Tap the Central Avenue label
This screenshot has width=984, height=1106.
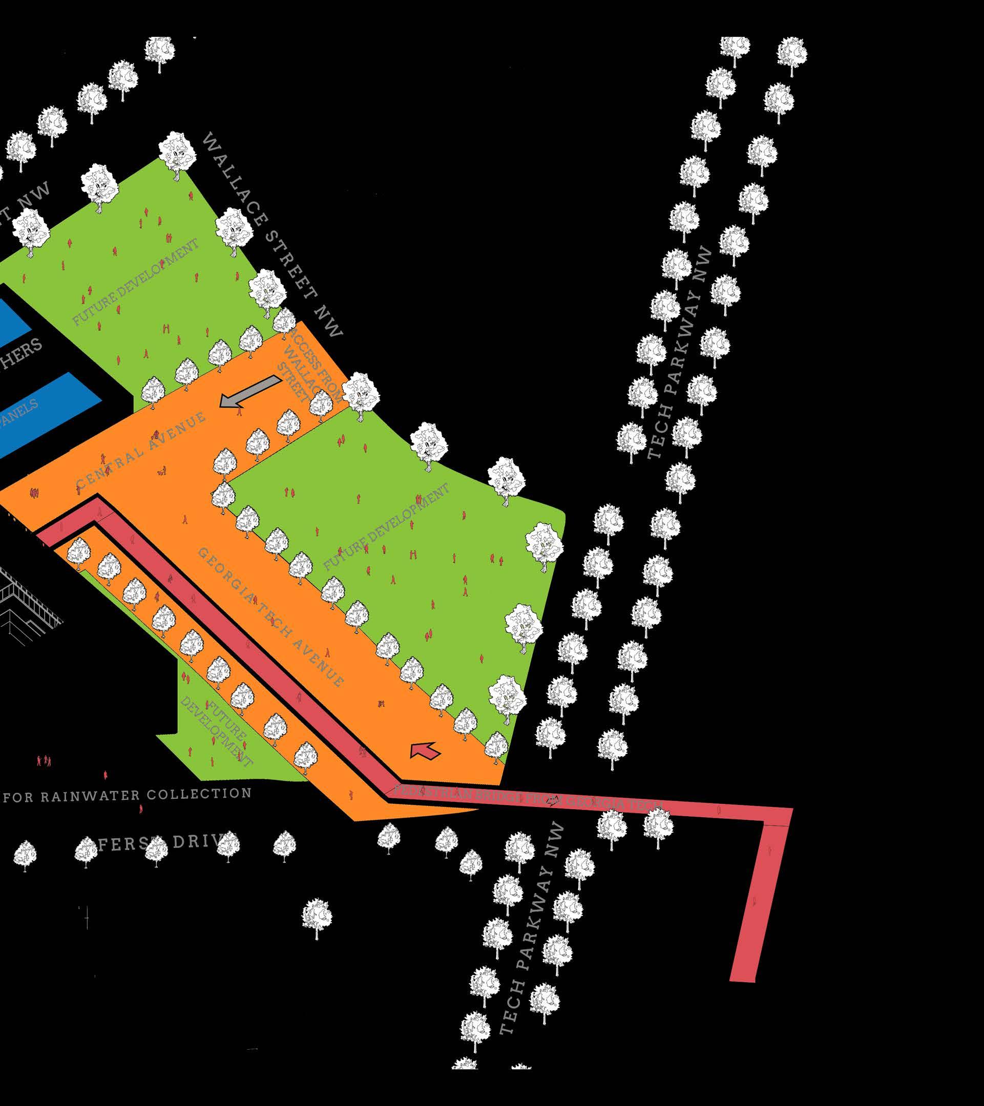click(141, 450)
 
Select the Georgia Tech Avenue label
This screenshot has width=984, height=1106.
click(270, 617)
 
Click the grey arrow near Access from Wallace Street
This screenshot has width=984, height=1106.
click(250, 392)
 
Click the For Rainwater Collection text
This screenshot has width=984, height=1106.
click(127, 795)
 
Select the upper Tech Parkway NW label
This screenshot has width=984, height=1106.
click(680, 352)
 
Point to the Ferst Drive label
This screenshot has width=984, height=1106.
click(162, 843)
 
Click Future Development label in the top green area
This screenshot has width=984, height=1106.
click(135, 282)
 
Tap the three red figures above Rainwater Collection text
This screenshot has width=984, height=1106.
click(44, 761)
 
